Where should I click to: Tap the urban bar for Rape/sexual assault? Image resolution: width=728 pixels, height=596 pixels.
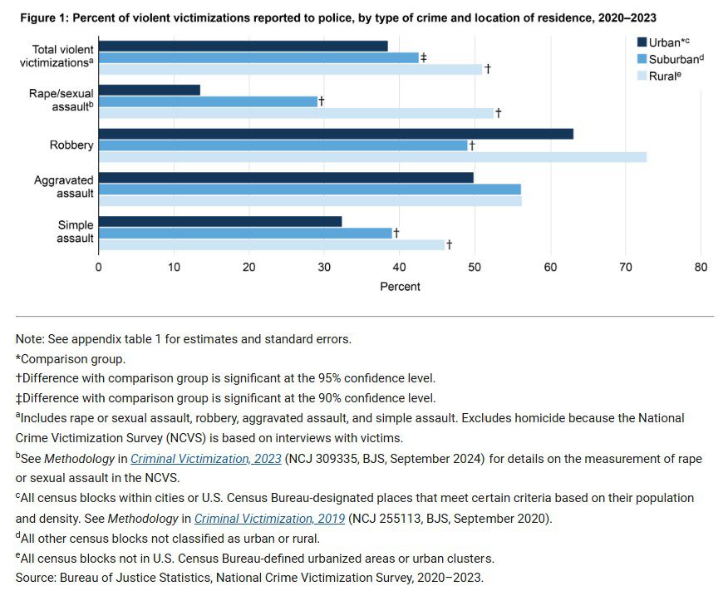point(150,90)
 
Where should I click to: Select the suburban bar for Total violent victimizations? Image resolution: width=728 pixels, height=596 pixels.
point(258,57)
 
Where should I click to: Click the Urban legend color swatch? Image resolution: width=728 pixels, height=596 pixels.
point(642,42)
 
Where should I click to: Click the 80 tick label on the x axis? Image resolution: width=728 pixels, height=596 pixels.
point(701,267)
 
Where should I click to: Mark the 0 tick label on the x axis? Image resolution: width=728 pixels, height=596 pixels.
point(99,267)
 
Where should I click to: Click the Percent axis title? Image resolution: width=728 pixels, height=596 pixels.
point(400,287)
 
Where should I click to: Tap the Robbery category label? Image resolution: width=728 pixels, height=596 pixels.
point(71,145)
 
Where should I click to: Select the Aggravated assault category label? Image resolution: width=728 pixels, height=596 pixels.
point(63,186)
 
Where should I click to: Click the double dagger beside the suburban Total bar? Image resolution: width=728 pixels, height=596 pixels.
point(424,57)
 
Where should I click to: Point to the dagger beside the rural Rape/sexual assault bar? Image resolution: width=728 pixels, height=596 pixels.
point(498,112)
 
